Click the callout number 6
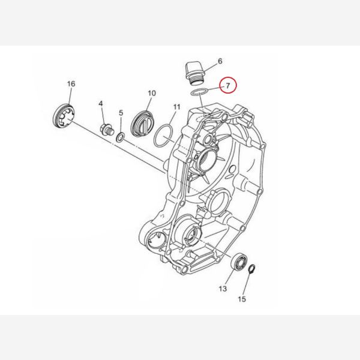[x=220, y=61]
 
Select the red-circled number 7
[x=228, y=85]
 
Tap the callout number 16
[x=71, y=84]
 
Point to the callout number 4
[x=101, y=104]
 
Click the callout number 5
[x=121, y=113]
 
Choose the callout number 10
[x=152, y=93]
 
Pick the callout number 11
[x=176, y=107]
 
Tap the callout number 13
[x=223, y=289]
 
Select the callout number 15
[x=242, y=299]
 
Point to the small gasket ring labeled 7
[x=200, y=92]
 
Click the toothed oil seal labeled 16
[x=63, y=116]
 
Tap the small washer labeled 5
[x=121, y=137]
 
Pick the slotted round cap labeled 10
[x=142, y=124]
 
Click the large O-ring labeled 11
[x=164, y=136]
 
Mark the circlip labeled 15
[x=252, y=269]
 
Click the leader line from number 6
[x=208, y=68]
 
